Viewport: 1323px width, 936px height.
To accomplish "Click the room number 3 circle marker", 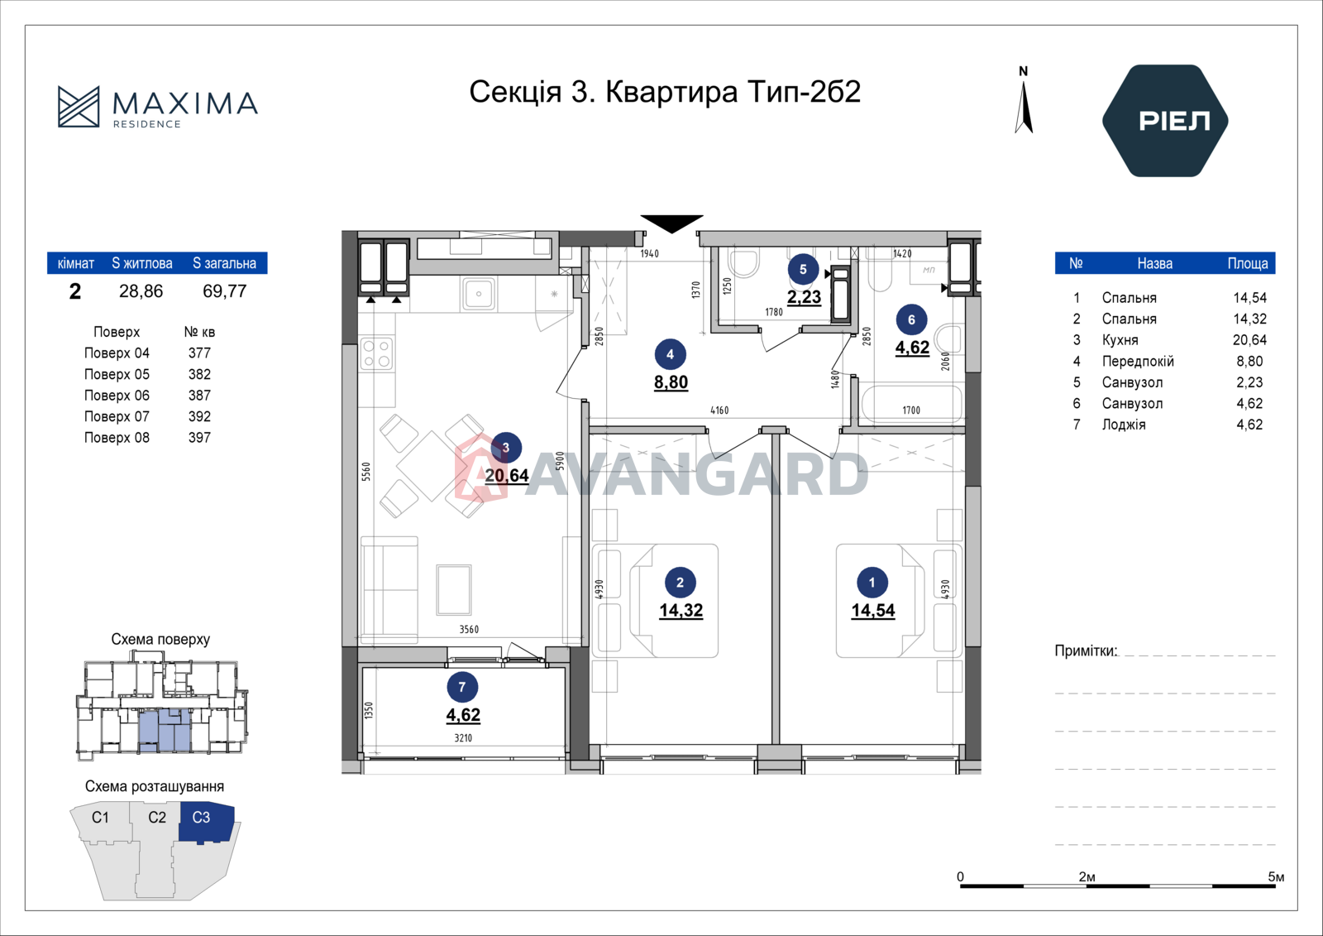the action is [x=505, y=448].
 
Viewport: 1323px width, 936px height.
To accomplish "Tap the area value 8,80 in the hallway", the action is [x=671, y=382].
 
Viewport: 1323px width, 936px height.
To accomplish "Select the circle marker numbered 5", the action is [x=803, y=270].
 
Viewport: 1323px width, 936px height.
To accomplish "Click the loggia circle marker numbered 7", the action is [x=462, y=687].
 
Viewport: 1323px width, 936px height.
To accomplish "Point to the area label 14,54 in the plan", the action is [x=873, y=611].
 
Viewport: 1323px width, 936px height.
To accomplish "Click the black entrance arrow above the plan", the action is [x=671, y=223].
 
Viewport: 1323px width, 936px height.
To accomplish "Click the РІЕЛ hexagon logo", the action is [x=1165, y=121].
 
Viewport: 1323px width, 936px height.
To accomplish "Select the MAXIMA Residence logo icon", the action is [x=79, y=107].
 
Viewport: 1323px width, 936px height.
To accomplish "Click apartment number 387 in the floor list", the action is [x=199, y=396].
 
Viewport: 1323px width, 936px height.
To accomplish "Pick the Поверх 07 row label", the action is [x=117, y=416].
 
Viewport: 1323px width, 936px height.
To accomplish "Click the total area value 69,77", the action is [x=224, y=291].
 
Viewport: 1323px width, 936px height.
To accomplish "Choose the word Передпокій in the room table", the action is [x=1138, y=362].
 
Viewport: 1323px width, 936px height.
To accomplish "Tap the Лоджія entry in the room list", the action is [x=1124, y=425].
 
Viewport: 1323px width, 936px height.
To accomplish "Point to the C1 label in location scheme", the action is [x=100, y=818].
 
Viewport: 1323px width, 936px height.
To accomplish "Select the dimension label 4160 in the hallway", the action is [x=719, y=410].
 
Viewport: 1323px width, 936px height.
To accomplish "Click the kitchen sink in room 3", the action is [x=479, y=293].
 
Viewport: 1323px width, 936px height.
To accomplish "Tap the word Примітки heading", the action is [x=1087, y=651].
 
